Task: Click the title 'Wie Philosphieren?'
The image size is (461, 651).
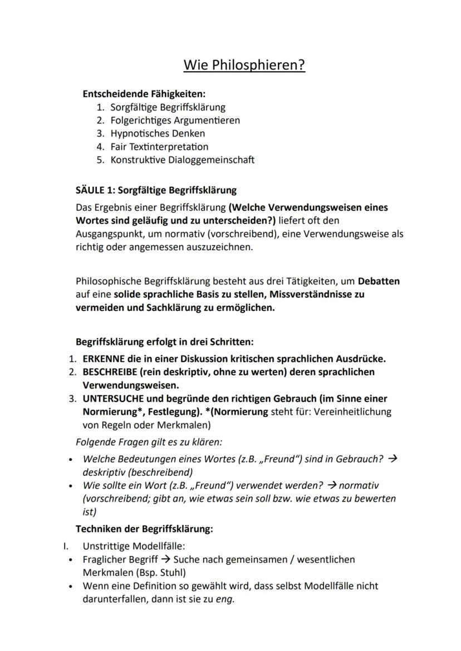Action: [x=244, y=65]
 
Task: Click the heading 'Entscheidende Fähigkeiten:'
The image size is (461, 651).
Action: [x=144, y=94]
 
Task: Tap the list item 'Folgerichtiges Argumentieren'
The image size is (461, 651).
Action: [x=175, y=120]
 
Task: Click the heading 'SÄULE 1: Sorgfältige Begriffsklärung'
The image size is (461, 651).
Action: [x=156, y=190]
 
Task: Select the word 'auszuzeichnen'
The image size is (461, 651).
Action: [x=221, y=247]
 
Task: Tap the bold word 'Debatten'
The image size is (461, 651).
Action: [x=379, y=281]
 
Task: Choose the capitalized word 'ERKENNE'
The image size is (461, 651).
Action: [x=104, y=359]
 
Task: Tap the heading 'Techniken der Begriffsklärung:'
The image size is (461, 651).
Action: [x=144, y=529]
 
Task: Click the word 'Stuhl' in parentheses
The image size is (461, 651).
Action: [x=170, y=572]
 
